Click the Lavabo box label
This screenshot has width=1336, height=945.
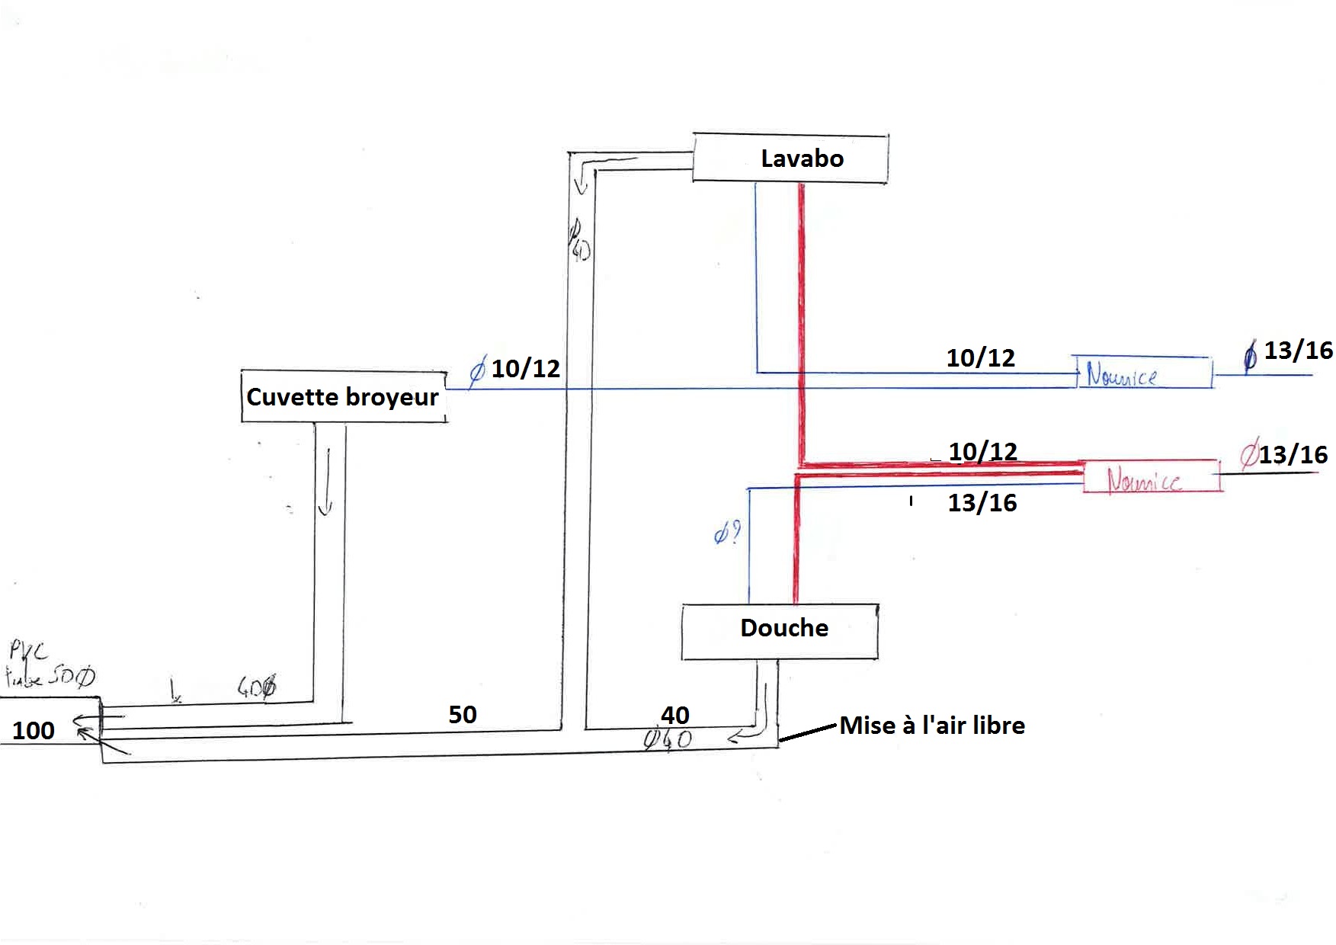point(802,159)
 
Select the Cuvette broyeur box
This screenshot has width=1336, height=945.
point(343,396)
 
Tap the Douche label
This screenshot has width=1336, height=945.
point(784,628)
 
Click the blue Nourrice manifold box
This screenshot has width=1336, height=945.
point(1142,373)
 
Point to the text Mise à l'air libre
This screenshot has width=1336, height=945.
point(932,726)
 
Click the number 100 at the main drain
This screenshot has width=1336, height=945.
point(34,731)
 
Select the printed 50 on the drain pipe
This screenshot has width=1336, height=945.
point(463,715)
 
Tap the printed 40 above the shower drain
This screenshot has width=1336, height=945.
point(675,715)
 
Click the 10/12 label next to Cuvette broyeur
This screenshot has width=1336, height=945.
point(525,369)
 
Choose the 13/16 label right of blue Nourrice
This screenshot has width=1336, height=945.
point(1298,351)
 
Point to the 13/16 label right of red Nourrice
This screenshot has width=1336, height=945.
point(1293,455)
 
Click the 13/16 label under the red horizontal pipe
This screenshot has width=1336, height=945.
point(982,503)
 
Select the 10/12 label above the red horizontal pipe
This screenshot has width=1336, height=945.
point(982,451)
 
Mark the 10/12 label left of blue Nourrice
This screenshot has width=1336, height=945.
point(981,358)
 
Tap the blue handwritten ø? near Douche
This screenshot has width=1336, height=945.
point(727,534)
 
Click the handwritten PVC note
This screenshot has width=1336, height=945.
point(29,651)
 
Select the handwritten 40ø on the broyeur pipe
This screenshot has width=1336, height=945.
point(256,688)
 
